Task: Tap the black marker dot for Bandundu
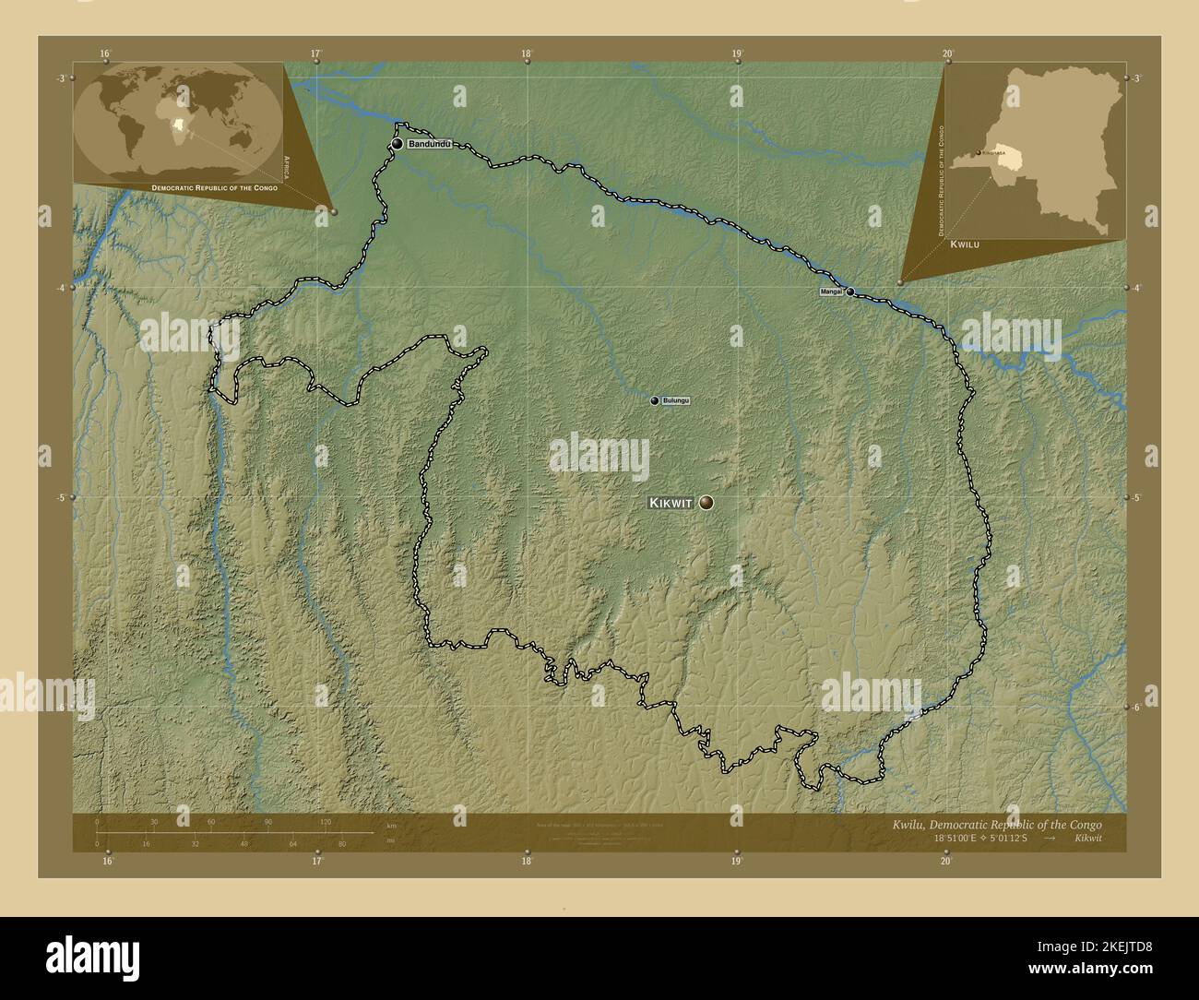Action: click(x=397, y=144)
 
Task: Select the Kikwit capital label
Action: click(x=671, y=503)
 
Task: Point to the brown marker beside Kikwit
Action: click(x=706, y=502)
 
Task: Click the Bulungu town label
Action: click(x=675, y=401)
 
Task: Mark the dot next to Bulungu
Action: click(x=655, y=401)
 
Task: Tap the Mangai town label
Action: click(x=831, y=292)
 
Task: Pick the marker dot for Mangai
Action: click(x=849, y=292)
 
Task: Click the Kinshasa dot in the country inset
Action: click(x=979, y=154)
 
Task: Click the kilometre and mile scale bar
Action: click(x=235, y=832)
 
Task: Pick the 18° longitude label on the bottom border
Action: click(x=526, y=862)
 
